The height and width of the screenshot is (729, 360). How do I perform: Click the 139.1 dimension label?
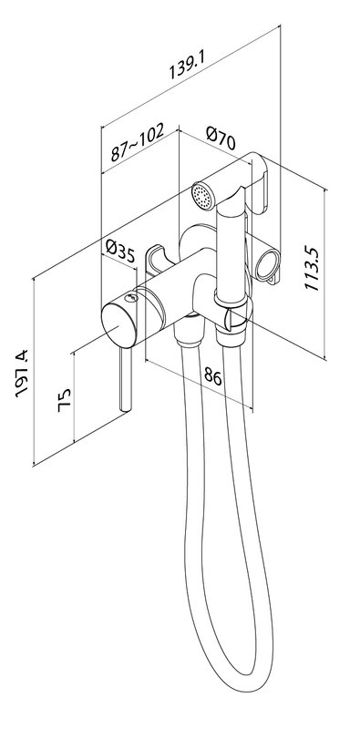[187, 64]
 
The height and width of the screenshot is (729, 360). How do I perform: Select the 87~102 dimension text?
[138, 141]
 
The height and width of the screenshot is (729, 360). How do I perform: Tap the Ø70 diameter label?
[221, 139]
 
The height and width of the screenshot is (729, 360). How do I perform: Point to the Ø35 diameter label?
[120, 252]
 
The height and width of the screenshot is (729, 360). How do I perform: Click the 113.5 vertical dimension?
[312, 269]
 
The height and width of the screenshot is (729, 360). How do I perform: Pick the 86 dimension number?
[213, 375]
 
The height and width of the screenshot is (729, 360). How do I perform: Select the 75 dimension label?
[64, 399]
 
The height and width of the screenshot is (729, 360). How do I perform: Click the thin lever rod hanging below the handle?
[125, 378]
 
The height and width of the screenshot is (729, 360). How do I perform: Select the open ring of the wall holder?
[267, 263]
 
